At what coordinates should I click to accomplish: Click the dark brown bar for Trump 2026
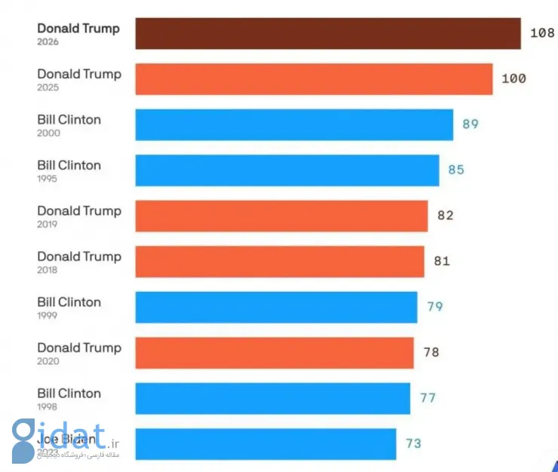pos(328,34)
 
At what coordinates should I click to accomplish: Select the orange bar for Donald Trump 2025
pos(314,79)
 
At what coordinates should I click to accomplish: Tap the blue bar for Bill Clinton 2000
pos(294,124)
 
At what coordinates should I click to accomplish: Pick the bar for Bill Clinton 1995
pos(287,170)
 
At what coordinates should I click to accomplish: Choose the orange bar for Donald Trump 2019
pos(281,216)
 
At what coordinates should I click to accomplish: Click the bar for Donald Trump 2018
pos(280,262)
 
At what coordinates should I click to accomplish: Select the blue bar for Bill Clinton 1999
pos(276,307)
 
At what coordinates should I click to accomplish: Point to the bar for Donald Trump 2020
pos(274,353)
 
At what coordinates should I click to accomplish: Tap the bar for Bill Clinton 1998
pos(273,398)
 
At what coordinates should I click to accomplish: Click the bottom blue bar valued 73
pos(265,443)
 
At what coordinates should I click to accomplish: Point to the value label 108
pos(542,33)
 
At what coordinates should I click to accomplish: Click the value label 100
pos(514,78)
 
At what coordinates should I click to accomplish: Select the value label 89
pos(471,124)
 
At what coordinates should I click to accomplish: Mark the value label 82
pos(446,216)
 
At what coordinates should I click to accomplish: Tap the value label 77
pos(428,398)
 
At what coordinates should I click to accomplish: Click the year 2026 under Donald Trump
pos(48,42)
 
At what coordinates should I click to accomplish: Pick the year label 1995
pos(48,179)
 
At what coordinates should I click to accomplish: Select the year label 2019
pos(48,224)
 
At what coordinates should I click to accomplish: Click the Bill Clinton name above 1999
pos(69,302)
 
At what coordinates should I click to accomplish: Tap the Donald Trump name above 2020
pos(78,348)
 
